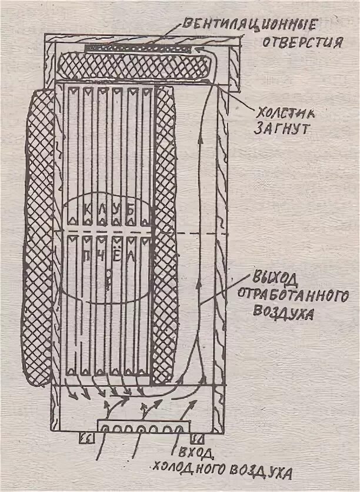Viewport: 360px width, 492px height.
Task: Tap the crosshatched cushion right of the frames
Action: pos(165,235)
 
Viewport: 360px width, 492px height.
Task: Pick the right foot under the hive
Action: pos(197,438)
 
